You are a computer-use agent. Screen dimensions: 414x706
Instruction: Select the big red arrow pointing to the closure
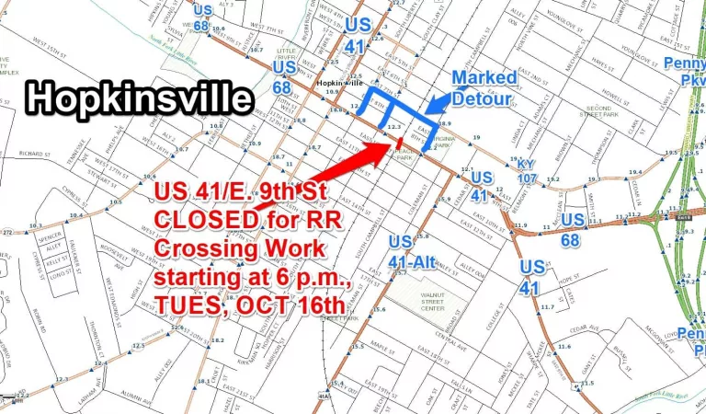(349, 166)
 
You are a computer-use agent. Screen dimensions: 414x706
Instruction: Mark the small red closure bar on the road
(402, 142)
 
